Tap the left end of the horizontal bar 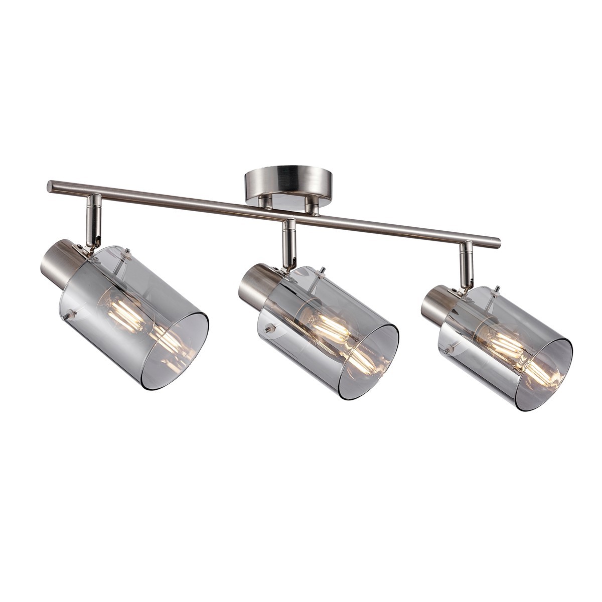point(51,187)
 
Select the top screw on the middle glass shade point(325,271)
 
